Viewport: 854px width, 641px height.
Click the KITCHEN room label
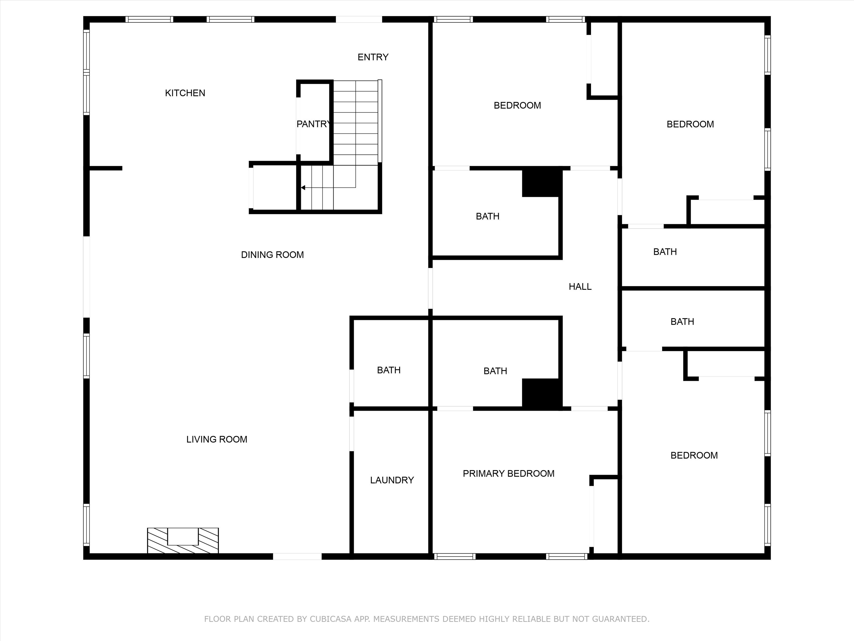pyautogui.click(x=185, y=93)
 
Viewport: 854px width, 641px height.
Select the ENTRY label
pyautogui.click(x=373, y=57)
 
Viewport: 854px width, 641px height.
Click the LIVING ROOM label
pyautogui.click(x=217, y=439)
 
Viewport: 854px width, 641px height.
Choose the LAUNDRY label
pyautogui.click(x=392, y=480)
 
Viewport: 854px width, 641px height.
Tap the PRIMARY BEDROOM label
pyautogui.click(x=508, y=474)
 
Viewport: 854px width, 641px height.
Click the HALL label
pyautogui.click(x=580, y=287)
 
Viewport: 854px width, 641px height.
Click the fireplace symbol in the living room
pyautogui.click(x=183, y=540)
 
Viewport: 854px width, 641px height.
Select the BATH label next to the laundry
pyautogui.click(x=389, y=370)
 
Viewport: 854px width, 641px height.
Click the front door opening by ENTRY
pyautogui.click(x=359, y=19)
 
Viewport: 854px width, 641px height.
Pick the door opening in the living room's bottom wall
pyautogui.click(x=297, y=556)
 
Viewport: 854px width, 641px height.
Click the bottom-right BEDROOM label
pyautogui.click(x=694, y=456)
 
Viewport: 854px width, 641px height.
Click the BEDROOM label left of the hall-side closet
pyautogui.click(x=517, y=105)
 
